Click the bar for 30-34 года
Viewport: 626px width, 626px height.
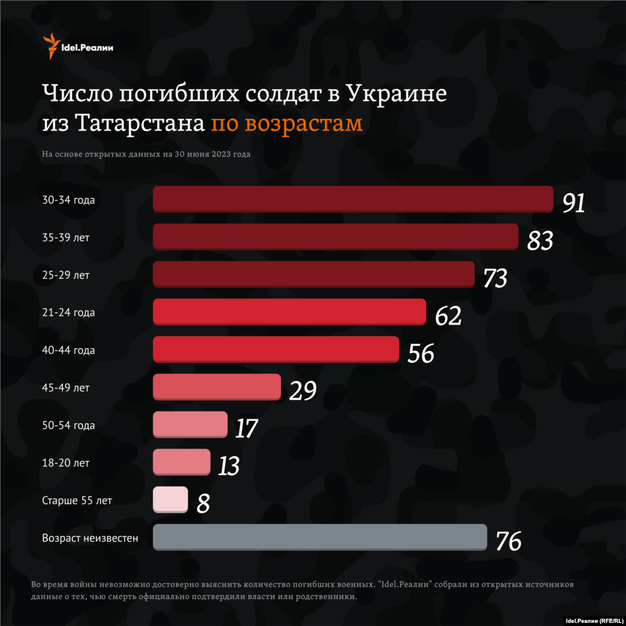coord(353,199)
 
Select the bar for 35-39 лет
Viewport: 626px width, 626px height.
coord(336,237)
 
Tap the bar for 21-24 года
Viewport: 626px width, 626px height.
coord(289,312)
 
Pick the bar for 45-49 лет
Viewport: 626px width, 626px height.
coord(216,387)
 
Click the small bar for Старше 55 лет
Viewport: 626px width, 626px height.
coord(170,499)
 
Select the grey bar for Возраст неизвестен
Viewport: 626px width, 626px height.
coord(320,537)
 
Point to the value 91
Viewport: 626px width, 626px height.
coord(573,203)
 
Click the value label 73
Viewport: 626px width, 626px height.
coord(495,278)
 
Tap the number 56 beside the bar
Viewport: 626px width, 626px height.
coord(421,353)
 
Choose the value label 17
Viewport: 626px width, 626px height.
coord(246,429)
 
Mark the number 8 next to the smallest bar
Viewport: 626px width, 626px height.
coord(203,504)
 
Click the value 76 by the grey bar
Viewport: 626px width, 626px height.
coord(508,541)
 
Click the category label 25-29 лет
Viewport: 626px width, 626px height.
coord(66,275)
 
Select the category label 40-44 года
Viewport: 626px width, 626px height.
coord(68,350)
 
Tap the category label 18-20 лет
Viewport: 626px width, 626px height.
coord(66,463)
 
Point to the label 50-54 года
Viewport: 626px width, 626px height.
coord(68,425)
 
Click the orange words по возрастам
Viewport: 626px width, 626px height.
coord(287,123)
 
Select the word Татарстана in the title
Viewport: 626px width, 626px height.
coord(140,123)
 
